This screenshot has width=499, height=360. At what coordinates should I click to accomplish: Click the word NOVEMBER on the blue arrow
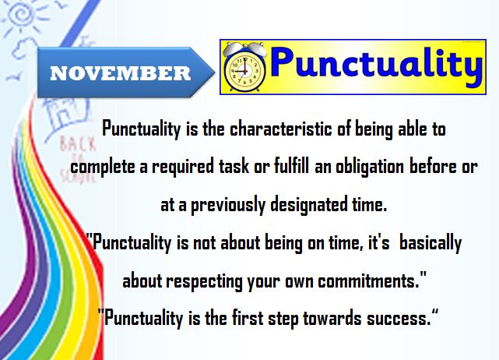(x=121, y=73)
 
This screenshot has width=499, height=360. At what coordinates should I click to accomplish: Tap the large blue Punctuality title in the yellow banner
(x=376, y=65)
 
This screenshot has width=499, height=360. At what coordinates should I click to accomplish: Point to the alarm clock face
(x=244, y=71)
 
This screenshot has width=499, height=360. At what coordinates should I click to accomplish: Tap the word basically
(x=430, y=243)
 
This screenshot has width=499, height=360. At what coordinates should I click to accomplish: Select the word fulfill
(x=291, y=166)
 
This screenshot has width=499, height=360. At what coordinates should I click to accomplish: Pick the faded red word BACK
(x=77, y=144)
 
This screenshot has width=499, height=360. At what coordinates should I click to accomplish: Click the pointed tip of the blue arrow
(x=215, y=72)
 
